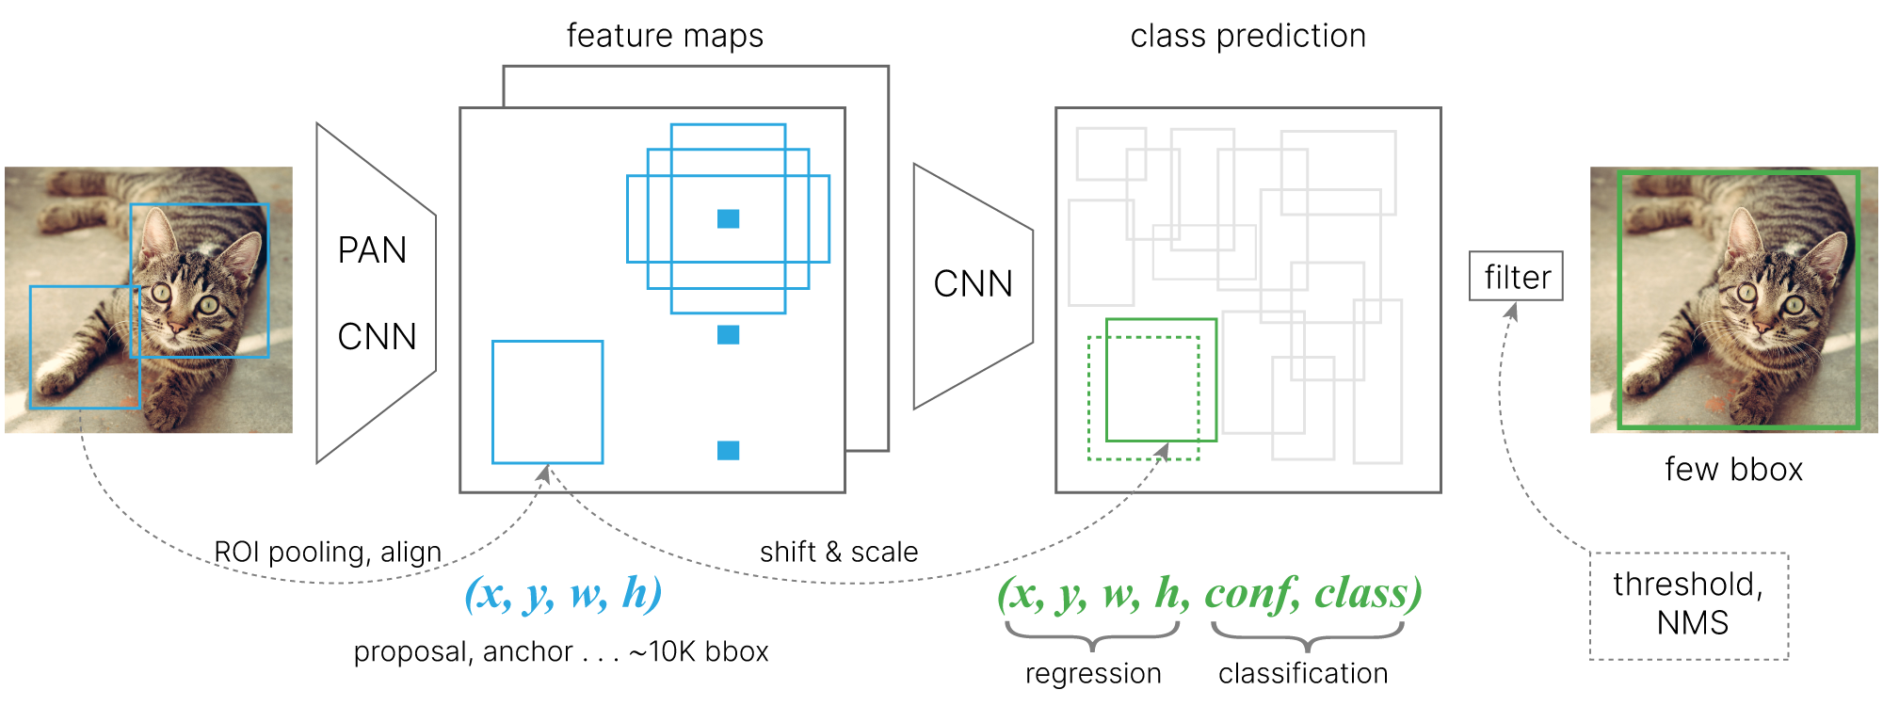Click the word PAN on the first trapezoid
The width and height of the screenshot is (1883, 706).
coord(372,250)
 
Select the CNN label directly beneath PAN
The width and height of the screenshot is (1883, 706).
coord(377,337)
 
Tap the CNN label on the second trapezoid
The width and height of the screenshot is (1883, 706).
coord(973,284)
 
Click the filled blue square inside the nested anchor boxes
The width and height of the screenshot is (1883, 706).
coord(728,218)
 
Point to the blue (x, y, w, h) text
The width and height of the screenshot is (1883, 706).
coord(563,594)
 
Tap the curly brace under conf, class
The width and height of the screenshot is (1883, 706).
coord(1307,636)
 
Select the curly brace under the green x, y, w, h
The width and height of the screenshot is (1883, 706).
coord(1092,636)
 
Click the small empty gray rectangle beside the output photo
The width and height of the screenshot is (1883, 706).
coord(1516,276)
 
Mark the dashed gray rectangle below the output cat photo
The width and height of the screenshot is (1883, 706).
coord(1689,606)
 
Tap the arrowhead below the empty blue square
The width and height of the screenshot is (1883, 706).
coord(544,473)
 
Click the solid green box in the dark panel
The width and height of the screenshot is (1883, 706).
coord(1161,320)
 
